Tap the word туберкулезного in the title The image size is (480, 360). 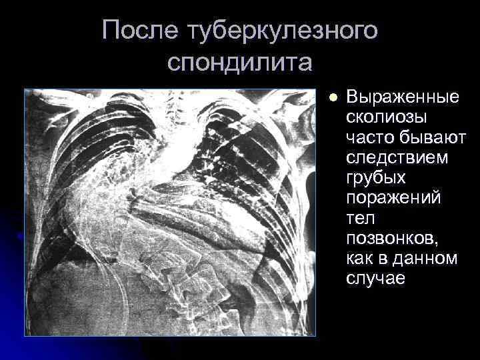(x=285, y=31)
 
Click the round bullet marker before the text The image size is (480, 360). (x=335, y=97)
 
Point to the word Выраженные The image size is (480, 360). (x=403, y=97)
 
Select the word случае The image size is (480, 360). (x=375, y=279)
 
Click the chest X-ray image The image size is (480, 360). (x=169, y=212)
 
